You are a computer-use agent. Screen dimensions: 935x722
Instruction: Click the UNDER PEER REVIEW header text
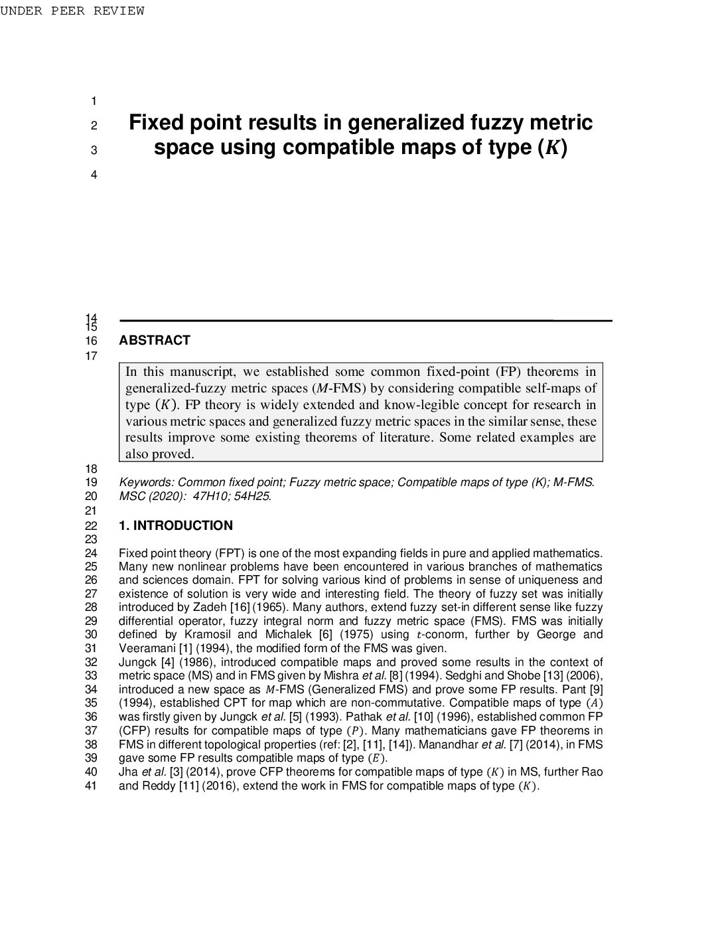click(x=72, y=11)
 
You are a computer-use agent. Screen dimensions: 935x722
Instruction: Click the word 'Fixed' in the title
click(x=157, y=123)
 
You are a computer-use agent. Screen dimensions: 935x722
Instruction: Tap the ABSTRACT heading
click(x=154, y=341)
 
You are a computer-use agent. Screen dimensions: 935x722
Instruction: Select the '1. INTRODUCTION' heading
click(x=175, y=526)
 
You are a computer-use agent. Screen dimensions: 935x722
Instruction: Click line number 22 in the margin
click(x=92, y=526)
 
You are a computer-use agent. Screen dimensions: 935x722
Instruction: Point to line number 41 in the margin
click(x=92, y=786)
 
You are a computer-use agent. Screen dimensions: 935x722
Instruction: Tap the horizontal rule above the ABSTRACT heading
click(x=365, y=321)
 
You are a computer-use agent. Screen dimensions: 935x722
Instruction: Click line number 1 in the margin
click(x=94, y=102)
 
